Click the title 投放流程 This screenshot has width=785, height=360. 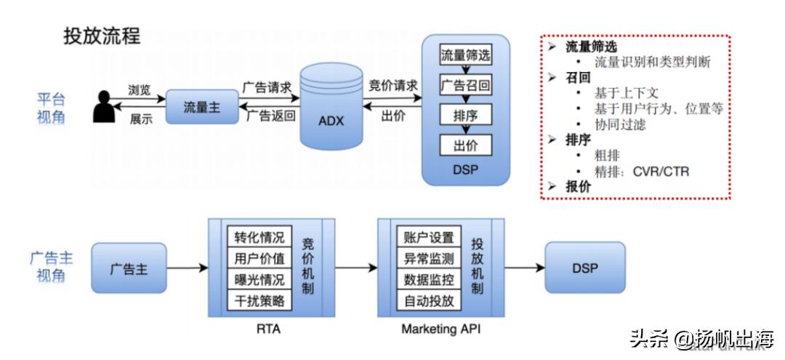coord(102,36)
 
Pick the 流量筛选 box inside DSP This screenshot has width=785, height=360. coord(465,55)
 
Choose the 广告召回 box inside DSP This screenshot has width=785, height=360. coord(465,86)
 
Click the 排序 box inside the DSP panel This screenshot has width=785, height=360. coord(465,115)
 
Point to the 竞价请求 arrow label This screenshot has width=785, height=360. coord(393,86)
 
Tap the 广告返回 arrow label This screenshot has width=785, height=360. coord(270,116)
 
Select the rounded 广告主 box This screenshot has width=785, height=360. coord(129,268)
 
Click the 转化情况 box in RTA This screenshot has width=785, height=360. coord(259,238)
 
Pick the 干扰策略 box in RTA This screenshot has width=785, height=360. coord(259,300)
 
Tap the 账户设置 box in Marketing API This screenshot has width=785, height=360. coord(428,238)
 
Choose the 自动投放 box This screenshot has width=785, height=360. coord(428,300)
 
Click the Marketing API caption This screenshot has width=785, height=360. coord(440,329)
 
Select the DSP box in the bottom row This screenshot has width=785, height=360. coord(584,268)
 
